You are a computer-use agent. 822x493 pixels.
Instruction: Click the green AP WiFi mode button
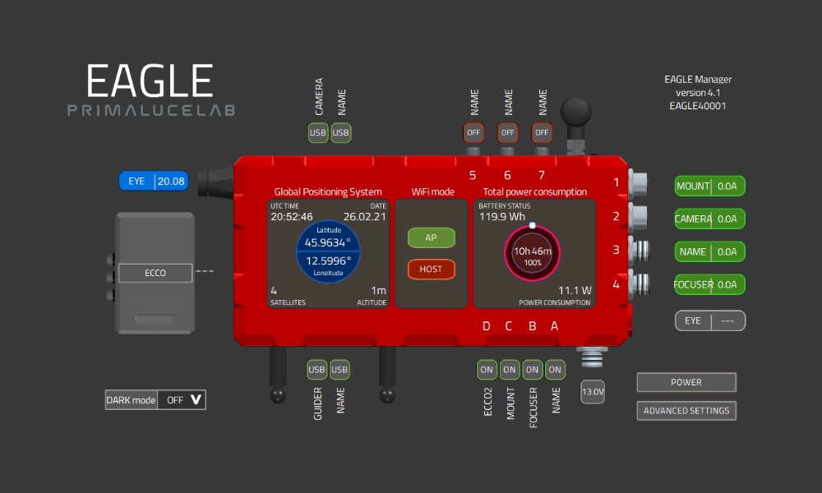431,237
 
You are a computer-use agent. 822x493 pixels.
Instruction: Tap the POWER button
686,382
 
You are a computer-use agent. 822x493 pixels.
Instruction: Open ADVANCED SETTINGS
686,411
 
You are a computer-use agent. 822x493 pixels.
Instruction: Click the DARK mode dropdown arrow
196,400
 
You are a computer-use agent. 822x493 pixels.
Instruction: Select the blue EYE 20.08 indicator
154,182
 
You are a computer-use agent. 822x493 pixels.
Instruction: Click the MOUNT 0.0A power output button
709,186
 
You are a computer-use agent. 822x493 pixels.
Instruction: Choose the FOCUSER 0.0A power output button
709,284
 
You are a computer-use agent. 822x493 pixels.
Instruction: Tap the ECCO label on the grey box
155,273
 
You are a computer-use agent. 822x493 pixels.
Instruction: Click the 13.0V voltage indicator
593,391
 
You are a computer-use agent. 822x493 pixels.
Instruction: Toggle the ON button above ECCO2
487,370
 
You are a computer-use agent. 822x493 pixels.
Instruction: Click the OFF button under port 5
473,132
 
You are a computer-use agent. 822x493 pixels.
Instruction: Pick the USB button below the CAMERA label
317,132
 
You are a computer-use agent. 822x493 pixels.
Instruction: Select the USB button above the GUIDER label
316,370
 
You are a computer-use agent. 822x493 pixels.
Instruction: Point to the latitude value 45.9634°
328,242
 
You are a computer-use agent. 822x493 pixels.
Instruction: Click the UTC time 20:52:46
292,216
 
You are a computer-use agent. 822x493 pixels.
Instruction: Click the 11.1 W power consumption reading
575,290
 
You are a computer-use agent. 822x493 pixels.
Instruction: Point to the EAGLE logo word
150,81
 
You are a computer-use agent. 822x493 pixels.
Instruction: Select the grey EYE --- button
710,320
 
